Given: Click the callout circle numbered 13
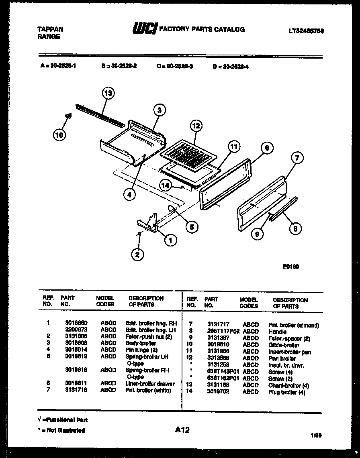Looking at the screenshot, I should coord(108,94).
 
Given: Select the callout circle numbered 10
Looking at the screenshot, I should coord(59,135).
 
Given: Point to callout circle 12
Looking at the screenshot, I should coord(195,126).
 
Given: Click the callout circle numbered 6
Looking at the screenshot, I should coord(266,148).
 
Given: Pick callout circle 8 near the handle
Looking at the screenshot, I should coord(295,229).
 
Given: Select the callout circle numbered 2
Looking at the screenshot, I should coord(137,254).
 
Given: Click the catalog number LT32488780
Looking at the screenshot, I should coord(306,31).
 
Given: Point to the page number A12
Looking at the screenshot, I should coord(182,430).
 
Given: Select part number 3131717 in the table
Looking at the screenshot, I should coord(218,325).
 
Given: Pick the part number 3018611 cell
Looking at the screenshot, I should coord(76,383).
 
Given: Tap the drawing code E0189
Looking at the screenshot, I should coord(290,266).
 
